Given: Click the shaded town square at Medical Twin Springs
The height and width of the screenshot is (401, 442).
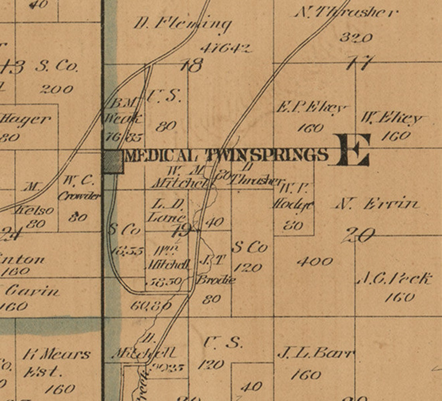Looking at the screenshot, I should (113, 162).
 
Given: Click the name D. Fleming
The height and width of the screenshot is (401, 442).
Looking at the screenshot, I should (183, 24).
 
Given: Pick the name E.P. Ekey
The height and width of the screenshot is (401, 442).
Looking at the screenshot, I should (310, 108).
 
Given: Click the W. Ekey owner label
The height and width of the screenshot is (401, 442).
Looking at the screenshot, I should (391, 118).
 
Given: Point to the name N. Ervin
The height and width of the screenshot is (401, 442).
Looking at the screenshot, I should (378, 204).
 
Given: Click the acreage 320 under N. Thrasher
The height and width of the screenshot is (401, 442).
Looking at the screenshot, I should (356, 38).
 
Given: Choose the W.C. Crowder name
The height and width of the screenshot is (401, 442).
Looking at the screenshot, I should (79, 188).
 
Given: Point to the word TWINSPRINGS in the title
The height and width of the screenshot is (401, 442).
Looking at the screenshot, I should (267, 155).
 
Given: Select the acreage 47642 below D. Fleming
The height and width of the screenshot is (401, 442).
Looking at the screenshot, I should (225, 48).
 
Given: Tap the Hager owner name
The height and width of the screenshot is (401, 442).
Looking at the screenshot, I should (25, 119).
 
